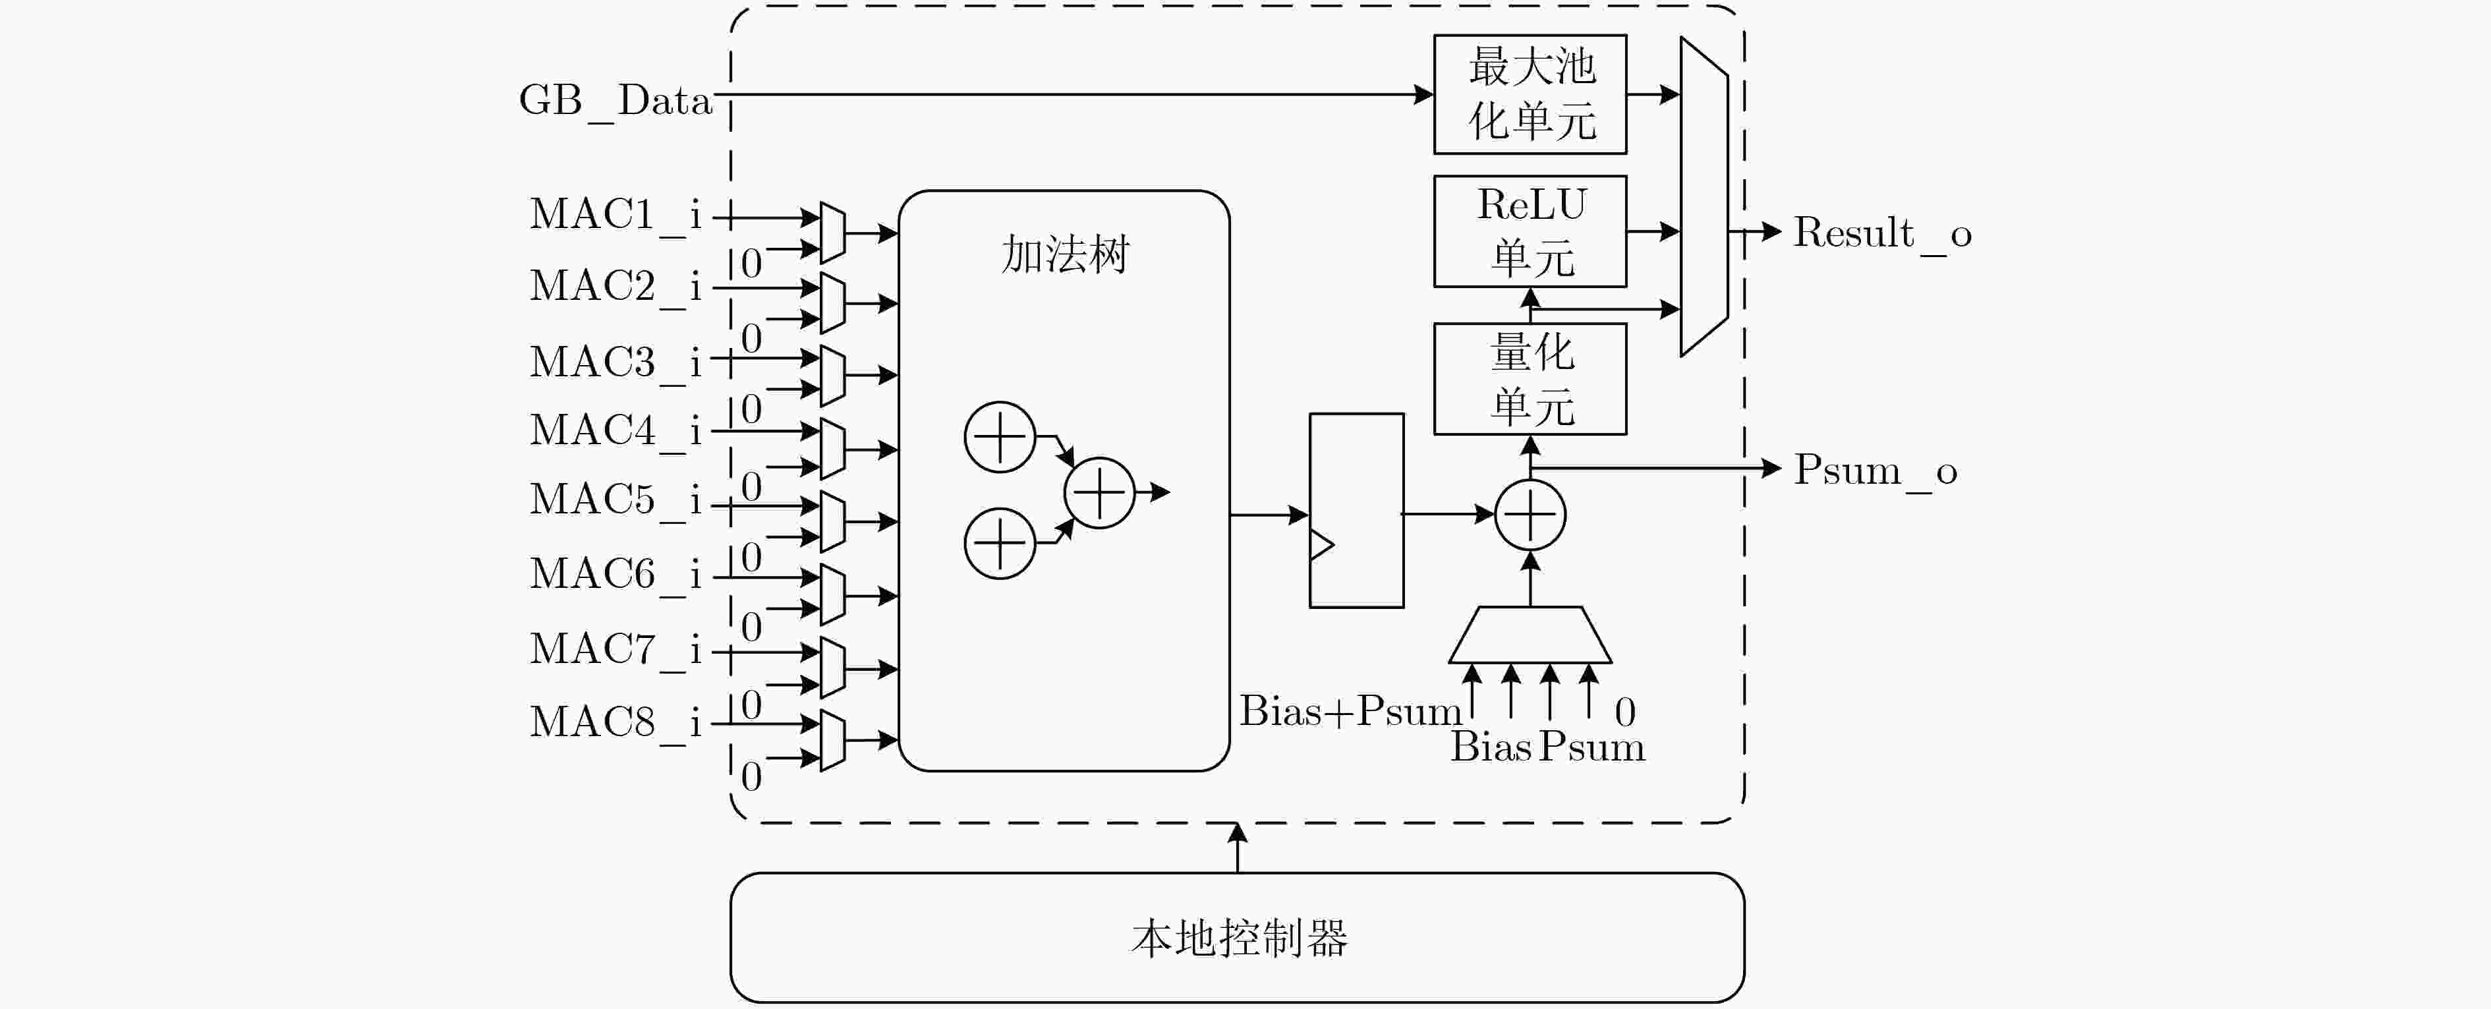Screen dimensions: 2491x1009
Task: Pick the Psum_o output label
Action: [1875, 472]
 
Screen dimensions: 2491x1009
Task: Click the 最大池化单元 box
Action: [1530, 94]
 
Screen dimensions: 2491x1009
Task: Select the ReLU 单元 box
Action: [1530, 231]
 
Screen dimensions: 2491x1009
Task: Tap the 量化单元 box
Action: [1530, 378]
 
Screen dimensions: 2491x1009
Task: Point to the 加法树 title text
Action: [1065, 254]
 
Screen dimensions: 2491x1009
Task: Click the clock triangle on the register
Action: [1321, 544]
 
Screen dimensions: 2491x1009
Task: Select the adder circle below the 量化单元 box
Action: [1530, 515]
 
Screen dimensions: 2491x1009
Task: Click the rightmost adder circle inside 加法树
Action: [1099, 492]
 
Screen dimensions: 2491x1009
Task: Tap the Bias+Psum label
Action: [1350, 712]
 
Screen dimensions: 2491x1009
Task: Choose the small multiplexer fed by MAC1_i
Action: [832, 232]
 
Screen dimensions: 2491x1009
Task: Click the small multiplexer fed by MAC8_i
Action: [832, 740]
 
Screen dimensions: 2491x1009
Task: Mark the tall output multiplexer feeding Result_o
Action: [1704, 197]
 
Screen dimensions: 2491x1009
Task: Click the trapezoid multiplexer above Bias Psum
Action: [1530, 635]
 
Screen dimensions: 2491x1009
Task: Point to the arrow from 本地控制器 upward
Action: [1237, 848]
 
